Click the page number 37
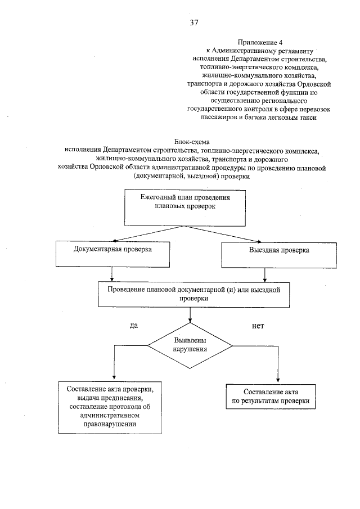coord(195,23)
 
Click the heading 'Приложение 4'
coord(259,42)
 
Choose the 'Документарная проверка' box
coord(113,254)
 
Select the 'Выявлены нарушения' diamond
coord(191,345)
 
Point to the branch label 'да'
coord(134,326)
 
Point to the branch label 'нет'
coord(258,326)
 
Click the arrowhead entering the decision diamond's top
coord(190,322)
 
